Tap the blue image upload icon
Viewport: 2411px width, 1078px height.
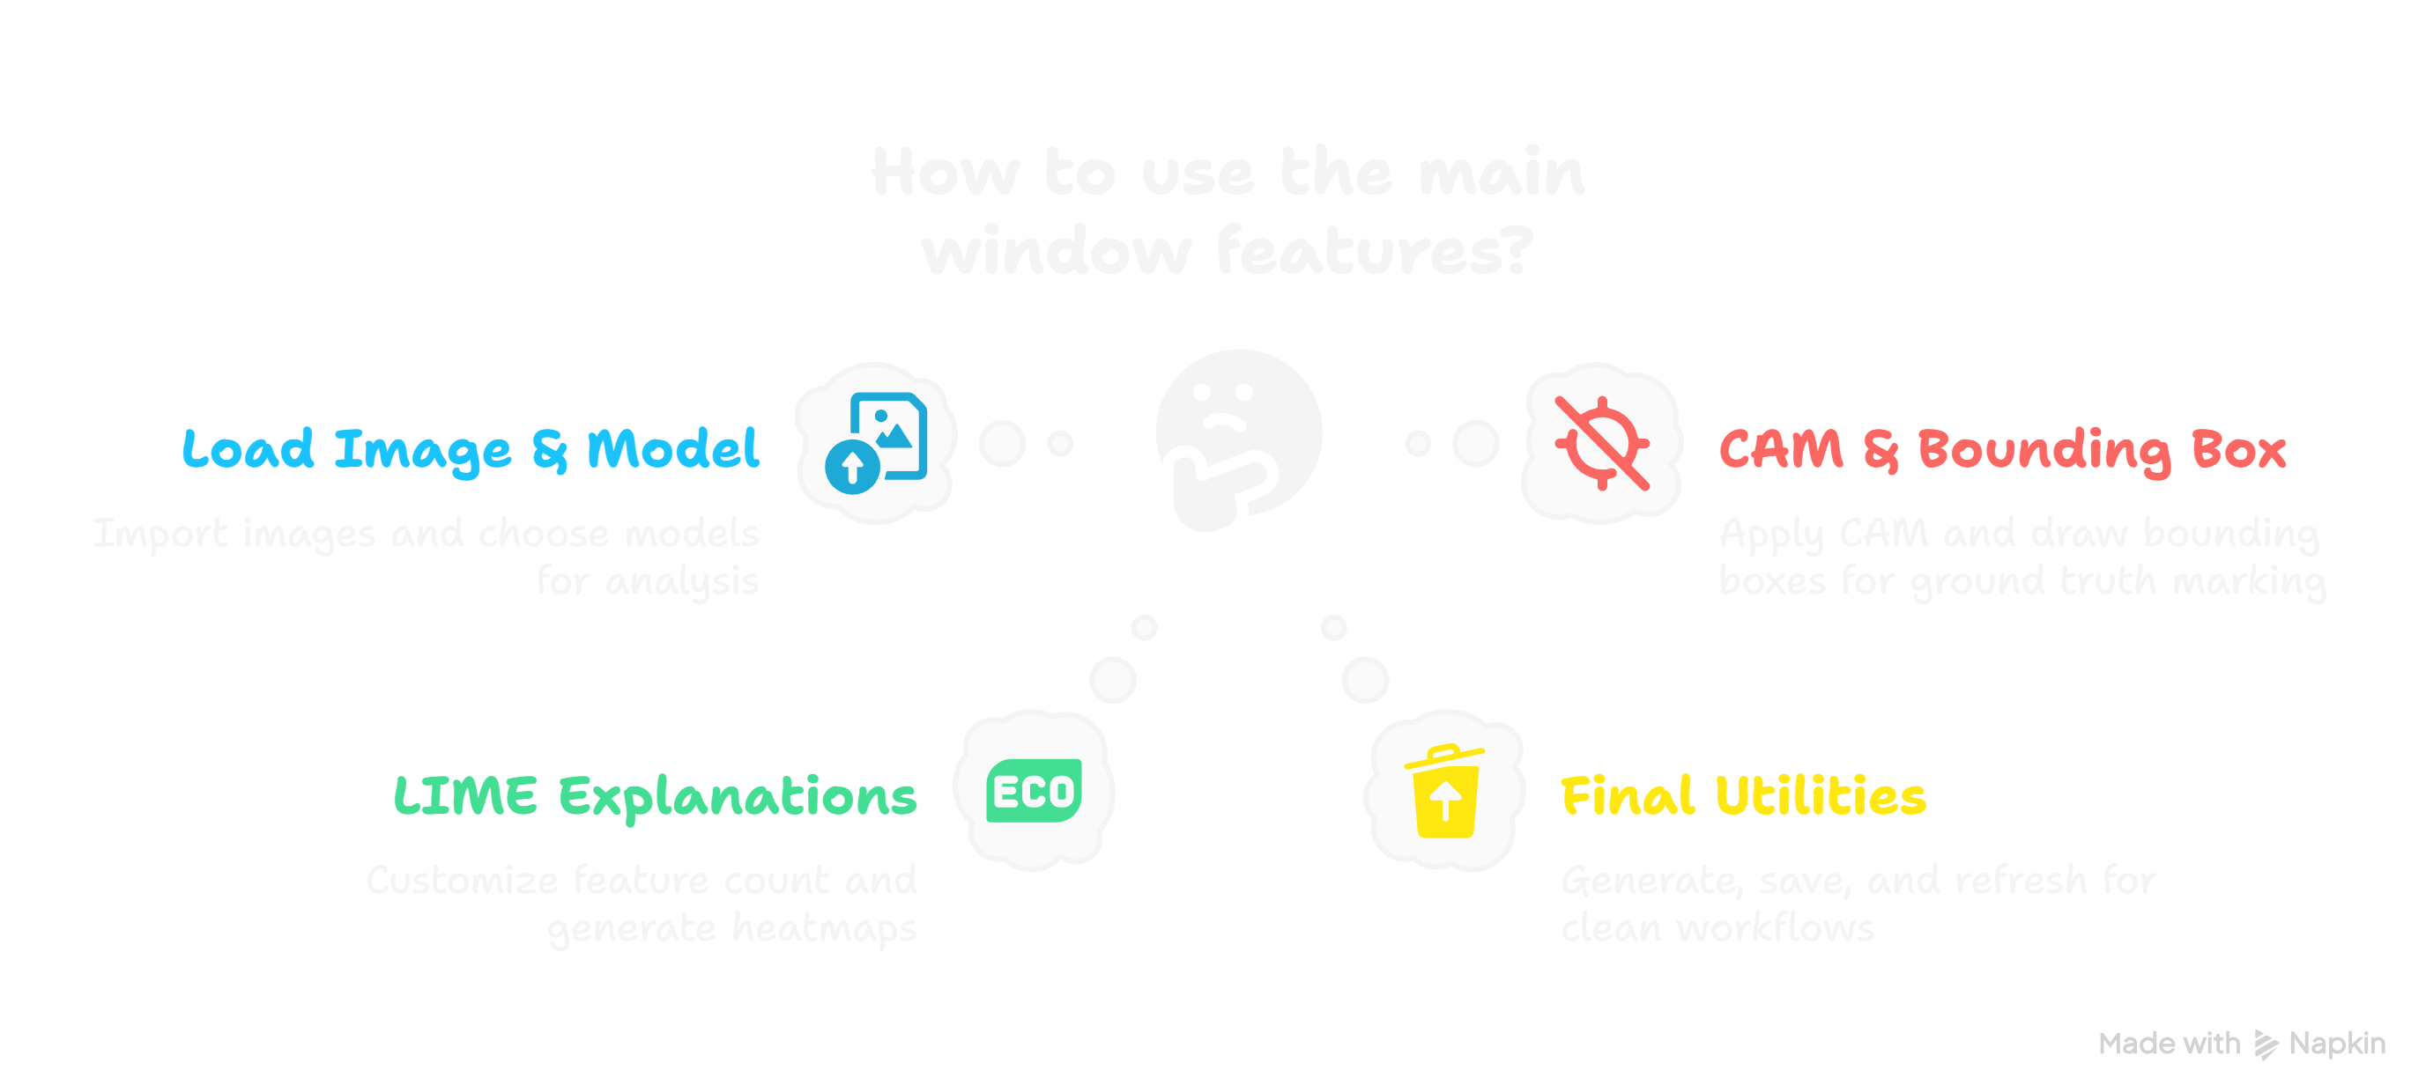[876, 443]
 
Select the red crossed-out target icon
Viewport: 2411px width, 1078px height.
[1601, 443]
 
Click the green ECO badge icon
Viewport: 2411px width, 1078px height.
[1035, 791]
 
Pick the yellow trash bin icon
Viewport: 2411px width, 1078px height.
[1444, 792]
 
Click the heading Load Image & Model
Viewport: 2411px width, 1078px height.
[470, 449]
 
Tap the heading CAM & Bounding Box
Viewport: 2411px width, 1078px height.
[2002, 449]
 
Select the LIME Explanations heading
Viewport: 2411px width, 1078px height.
[655, 796]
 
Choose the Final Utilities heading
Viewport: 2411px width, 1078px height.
[1743, 796]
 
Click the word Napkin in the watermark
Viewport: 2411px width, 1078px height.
[2337, 1044]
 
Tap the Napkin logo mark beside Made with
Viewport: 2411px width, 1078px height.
[2265, 1045]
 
